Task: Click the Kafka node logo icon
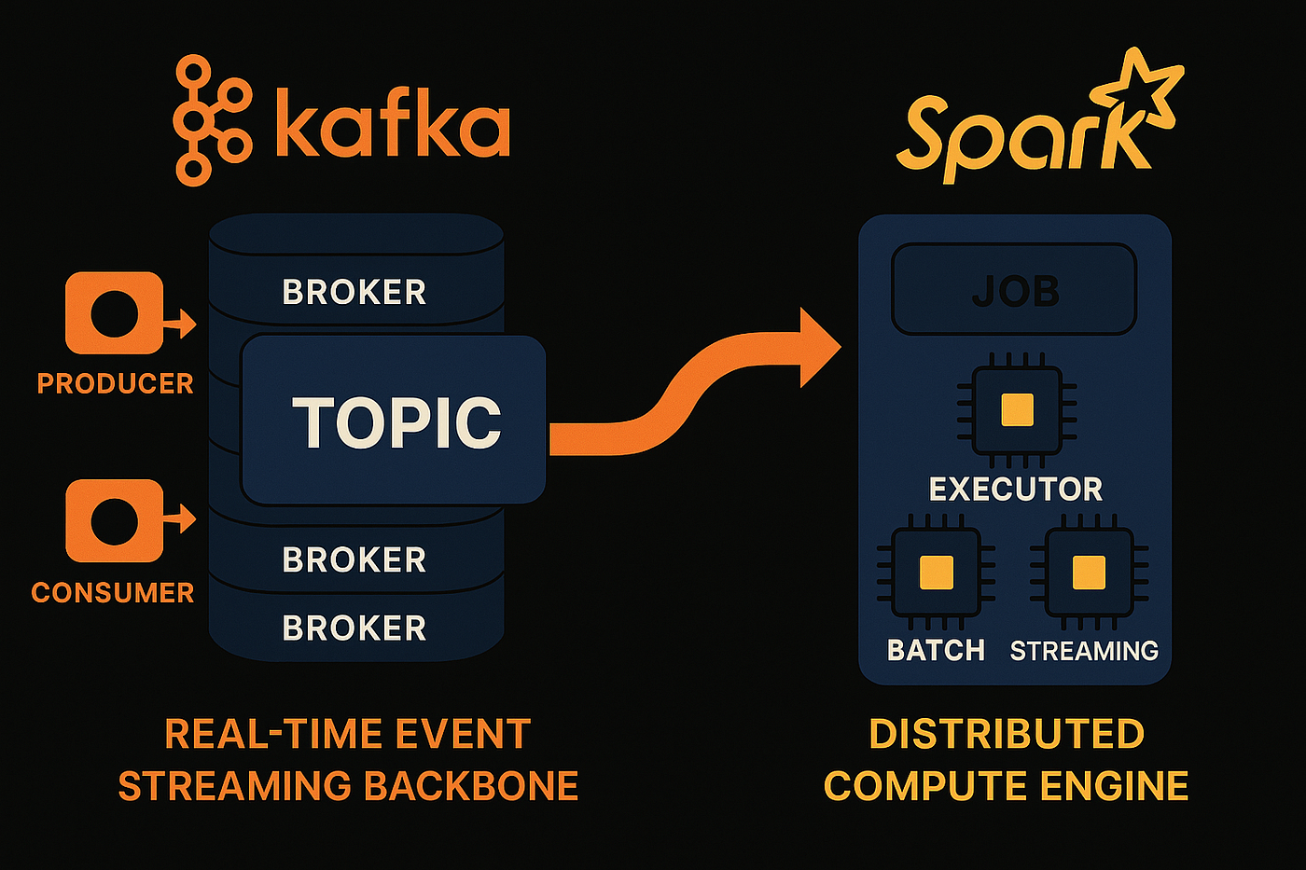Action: [x=213, y=120]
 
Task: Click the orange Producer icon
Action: [x=115, y=313]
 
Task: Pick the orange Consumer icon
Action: [x=115, y=520]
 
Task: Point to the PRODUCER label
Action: [x=115, y=383]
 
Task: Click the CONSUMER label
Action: [x=113, y=592]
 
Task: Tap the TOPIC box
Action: [x=394, y=421]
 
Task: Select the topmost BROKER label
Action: [x=354, y=292]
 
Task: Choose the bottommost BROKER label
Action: [x=354, y=628]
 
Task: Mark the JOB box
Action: [x=1014, y=290]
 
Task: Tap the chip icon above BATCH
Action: [x=936, y=573]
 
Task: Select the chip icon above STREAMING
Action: [x=1089, y=573]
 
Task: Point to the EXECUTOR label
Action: [x=1016, y=489]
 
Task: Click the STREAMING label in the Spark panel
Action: [x=1084, y=650]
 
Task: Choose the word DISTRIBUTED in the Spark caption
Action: [x=1007, y=734]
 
